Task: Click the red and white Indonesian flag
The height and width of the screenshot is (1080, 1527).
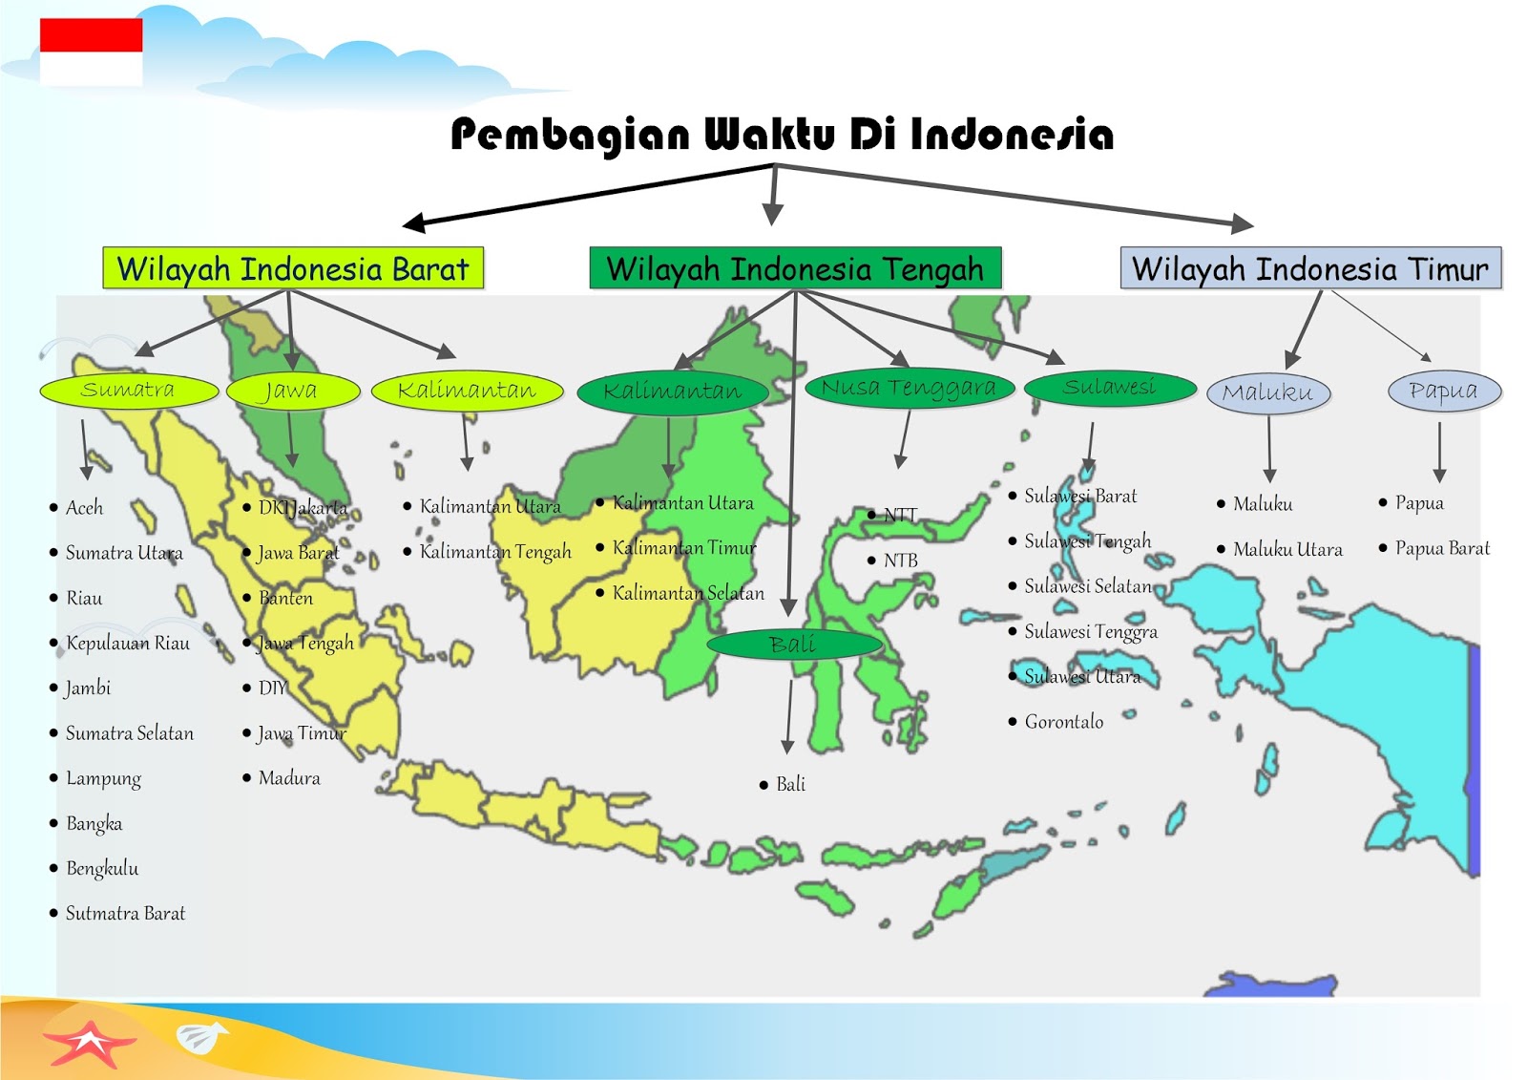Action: click(x=91, y=53)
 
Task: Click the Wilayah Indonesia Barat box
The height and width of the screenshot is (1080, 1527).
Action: click(x=293, y=268)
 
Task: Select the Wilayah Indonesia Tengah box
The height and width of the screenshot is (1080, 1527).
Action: click(x=795, y=268)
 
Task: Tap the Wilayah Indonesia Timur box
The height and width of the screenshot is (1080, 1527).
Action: click(x=1309, y=268)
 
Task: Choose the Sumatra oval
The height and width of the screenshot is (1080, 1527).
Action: click(x=129, y=390)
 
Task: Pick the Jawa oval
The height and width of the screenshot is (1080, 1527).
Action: click(x=292, y=391)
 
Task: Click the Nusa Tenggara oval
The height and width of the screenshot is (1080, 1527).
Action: click(x=908, y=388)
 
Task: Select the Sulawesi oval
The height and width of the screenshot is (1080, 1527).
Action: click(x=1109, y=388)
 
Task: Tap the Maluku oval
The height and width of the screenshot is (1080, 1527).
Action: click(x=1267, y=392)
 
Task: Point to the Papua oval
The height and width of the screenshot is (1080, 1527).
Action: click(x=1443, y=391)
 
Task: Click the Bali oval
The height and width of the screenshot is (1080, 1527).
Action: click(x=793, y=645)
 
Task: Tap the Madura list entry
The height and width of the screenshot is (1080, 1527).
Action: click(x=289, y=778)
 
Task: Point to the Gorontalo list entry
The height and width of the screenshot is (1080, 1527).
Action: click(x=1063, y=722)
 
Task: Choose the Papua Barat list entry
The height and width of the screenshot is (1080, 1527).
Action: click(x=1441, y=548)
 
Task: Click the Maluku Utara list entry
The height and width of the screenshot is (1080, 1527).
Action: click(x=1286, y=549)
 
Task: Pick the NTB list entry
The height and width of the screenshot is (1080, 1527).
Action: click(x=900, y=561)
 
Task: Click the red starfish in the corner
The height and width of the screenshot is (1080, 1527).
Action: click(x=89, y=1043)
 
